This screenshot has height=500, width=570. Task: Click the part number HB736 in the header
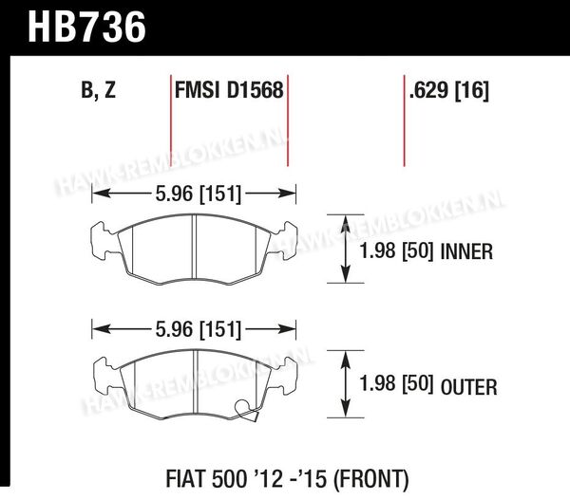tap(86, 28)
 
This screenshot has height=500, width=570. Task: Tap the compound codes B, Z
tap(99, 90)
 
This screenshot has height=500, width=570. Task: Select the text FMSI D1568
tap(229, 90)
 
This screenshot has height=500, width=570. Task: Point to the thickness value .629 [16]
tap(449, 90)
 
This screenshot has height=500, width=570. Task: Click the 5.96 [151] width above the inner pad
tap(199, 194)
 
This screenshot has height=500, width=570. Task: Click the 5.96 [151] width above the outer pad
tap(199, 330)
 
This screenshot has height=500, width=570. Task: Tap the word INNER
tap(466, 251)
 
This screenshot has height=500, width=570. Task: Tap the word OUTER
tap(469, 387)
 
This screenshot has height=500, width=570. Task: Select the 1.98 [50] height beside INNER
tap(396, 250)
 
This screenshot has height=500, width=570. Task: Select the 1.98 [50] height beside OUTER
tap(396, 384)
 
